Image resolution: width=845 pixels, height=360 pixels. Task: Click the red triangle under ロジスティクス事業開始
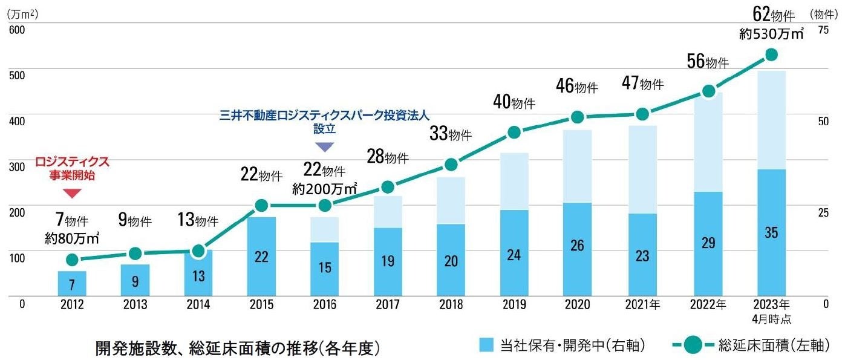pyautogui.click(x=73, y=194)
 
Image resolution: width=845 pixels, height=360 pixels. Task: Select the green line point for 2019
pyautogui.click(x=514, y=133)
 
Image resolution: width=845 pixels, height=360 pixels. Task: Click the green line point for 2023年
pyautogui.click(x=771, y=55)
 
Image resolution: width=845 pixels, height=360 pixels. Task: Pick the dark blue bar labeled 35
pyautogui.click(x=771, y=233)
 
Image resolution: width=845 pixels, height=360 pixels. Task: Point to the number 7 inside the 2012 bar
pyautogui.click(x=73, y=284)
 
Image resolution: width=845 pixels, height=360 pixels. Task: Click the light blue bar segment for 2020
pyautogui.click(x=578, y=166)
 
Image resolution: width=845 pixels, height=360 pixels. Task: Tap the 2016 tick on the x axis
pyautogui.click(x=325, y=304)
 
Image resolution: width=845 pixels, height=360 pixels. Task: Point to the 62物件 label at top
pyautogui.click(x=771, y=12)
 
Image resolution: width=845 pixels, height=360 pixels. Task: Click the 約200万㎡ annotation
pyautogui.click(x=324, y=189)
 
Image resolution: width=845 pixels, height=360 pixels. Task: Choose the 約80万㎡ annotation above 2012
pyautogui.click(x=73, y=239)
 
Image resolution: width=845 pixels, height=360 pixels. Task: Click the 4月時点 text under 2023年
pyautogui.click(x=771, y=318)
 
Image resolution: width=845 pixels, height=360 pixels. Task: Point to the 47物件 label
pyautogui.click(x=643, y=84)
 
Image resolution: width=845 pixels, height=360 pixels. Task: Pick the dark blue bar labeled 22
pyautogui.click(x=261, y=257)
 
